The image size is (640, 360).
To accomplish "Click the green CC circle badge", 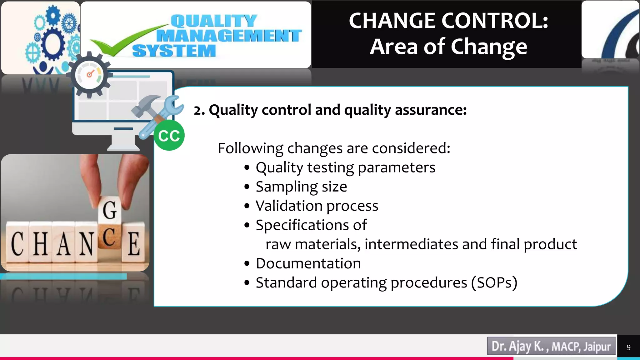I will [x=169, y=136].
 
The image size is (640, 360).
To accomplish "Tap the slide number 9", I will [x=628, y=347].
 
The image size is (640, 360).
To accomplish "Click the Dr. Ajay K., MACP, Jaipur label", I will [x=551, y=346].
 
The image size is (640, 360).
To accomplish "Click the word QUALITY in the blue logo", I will [x=214, y=21].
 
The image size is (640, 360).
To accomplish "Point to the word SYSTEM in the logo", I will [x=174, y=51].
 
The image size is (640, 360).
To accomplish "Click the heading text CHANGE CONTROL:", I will [x=448, y=21].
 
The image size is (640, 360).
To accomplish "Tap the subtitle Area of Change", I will [x=448, y=47].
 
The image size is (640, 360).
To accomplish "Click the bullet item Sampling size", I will [x=301, y=187].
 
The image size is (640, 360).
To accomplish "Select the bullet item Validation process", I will [x=317, y=206].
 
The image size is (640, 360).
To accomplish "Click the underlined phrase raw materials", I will [x=311, y=244].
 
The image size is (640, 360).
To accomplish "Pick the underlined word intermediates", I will [x=411, y=244].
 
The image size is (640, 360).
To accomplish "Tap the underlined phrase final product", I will [x=534, y=244].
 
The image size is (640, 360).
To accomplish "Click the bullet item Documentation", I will [x=308, y=263].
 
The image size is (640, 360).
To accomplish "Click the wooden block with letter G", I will [x=109, y=210].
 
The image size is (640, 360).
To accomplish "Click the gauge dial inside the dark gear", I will [x=90, y=75].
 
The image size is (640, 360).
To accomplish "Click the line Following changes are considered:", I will [x=334, y=148].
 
